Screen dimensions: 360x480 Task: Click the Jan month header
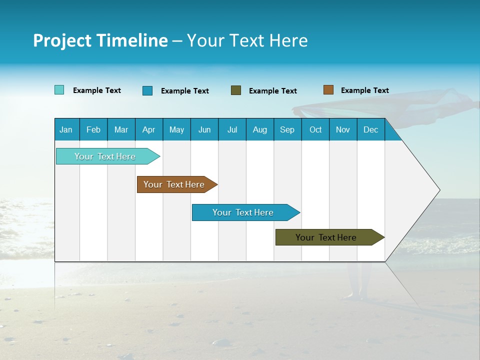(66, 129)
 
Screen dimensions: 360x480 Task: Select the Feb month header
(93, 129)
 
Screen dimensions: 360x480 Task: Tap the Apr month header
(148, 129)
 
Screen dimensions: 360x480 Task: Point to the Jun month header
(204, 129)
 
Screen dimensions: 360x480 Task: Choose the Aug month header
(259, 129)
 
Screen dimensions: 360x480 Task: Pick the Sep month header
(287, 129)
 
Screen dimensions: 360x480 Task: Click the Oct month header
(315, 129)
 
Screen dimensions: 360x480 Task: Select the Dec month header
(370, 129)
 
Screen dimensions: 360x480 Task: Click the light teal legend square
(59, 90)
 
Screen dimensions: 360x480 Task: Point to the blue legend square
(147, 90)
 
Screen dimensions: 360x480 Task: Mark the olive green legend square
(236, 90)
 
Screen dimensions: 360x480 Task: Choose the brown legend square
(328, 90)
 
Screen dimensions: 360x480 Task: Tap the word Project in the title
(62, 40)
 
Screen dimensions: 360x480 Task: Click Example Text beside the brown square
(364, 90)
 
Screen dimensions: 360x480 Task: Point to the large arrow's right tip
(438, 190)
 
